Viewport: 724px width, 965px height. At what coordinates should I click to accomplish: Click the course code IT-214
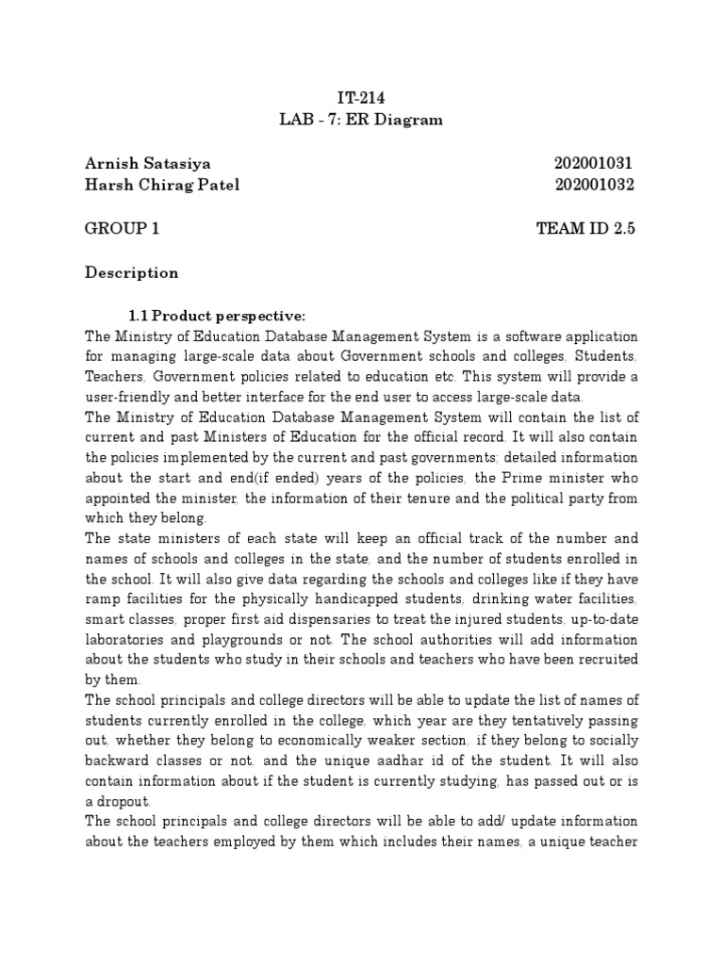(362, 98)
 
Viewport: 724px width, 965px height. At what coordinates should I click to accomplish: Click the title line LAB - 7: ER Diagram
(362, 120)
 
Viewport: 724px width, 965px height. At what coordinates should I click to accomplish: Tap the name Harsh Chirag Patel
(162, 185)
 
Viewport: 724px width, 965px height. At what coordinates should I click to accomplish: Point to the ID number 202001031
(595, 164)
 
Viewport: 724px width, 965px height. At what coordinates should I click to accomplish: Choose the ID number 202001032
(595, 185)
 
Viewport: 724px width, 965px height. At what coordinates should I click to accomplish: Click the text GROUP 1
(122, 229)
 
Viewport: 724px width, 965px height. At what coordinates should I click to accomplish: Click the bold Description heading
(131, 273)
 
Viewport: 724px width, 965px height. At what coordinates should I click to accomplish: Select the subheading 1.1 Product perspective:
(217, 315)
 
